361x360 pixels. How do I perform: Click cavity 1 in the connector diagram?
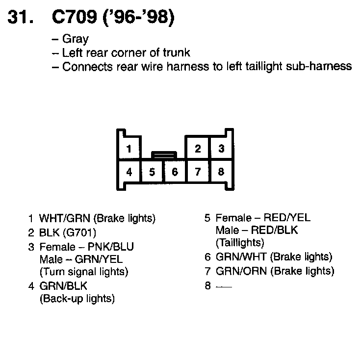(x=129, y=149)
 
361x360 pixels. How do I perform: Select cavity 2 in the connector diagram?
(x=198, y=149)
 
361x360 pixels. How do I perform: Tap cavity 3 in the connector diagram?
(x=221, y=149)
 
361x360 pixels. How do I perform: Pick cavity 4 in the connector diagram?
(x=129, y=172)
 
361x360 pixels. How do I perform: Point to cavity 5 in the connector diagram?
(x=152, y=172)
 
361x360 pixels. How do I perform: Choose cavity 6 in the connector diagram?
(x=175, y=172)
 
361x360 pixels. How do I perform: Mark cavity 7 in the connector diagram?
(x=198, y=172)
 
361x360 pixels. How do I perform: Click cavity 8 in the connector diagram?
(x=221, y=172)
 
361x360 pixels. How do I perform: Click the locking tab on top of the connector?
(x=163, y=155)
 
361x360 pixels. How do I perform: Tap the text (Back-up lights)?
(x=77, y=298)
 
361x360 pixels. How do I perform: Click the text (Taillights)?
(x=240, y=242)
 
